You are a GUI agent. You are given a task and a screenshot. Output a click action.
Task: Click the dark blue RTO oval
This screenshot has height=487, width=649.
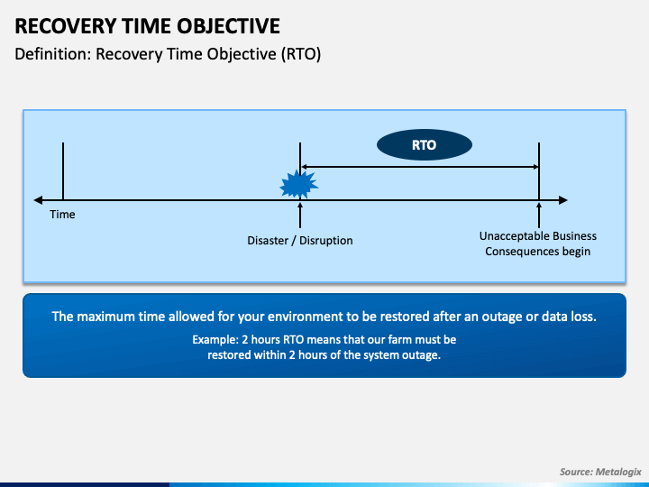click(425, 145)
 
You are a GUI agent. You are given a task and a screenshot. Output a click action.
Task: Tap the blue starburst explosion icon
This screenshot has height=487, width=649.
click(299, 184)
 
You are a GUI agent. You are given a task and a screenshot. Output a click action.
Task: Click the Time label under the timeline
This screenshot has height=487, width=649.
click(62, 214)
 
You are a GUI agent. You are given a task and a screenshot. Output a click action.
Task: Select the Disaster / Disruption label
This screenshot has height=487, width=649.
click(300, 241)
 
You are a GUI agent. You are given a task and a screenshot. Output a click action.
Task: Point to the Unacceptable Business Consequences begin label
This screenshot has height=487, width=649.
click(538, 243)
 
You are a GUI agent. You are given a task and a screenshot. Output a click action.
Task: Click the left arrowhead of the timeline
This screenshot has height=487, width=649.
click(38, 200)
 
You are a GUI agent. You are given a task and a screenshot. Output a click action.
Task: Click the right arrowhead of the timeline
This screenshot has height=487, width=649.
click(562, 200)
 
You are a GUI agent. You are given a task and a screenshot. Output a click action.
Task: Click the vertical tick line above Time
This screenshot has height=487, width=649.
click(63, 171)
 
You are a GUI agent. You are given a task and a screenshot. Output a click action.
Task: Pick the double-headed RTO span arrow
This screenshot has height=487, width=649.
click(419, 167)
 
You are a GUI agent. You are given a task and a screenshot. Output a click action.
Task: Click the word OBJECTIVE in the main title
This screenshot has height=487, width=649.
click(228, 26)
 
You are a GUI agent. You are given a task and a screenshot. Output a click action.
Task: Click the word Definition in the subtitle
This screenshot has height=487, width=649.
click(52, 54)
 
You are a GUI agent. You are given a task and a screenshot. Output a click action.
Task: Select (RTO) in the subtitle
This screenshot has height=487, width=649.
click(301, 54)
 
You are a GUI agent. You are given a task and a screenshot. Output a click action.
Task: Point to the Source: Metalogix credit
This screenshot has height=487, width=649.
click(600, 472)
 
